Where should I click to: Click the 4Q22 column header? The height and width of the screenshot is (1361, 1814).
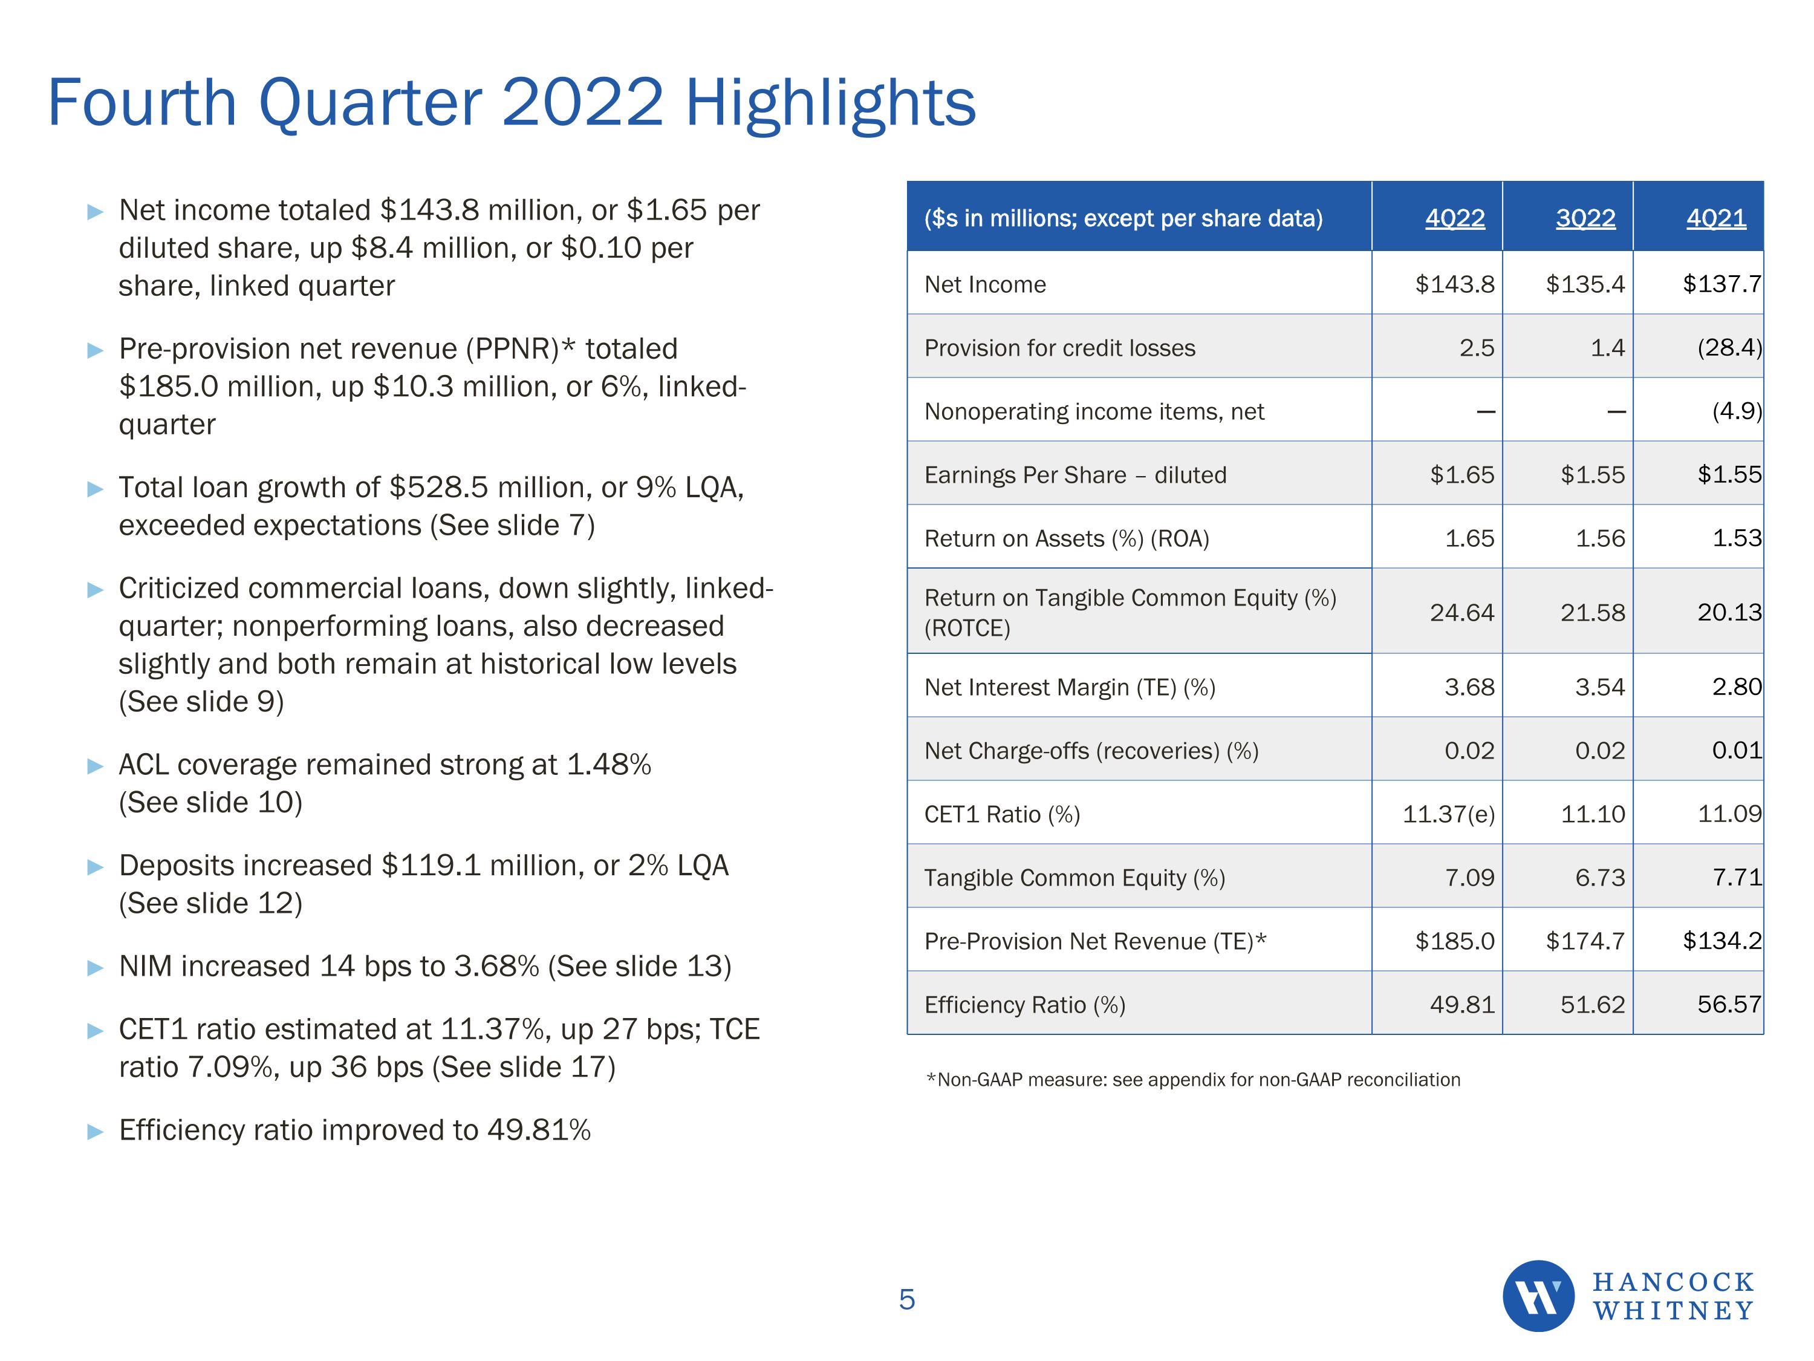click(x=1455, y=218)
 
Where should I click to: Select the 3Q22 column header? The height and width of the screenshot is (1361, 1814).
click(x=1585, y=218)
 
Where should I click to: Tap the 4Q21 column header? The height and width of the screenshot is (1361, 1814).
click(x=1715, y=218)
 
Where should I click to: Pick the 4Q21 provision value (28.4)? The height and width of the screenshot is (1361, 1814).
click(x=1729, y=348)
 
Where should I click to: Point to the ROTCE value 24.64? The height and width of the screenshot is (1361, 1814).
click(x=1461, y=613)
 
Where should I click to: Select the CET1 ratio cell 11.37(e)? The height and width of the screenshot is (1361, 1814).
click(x=1448, y=814)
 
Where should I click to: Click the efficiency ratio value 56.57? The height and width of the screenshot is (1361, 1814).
click(x=1729, y=1004)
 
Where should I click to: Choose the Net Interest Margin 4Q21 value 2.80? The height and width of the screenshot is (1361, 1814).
click(x=1736, y=687)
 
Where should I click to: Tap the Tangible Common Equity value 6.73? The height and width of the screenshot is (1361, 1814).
click(x=1599, y=878)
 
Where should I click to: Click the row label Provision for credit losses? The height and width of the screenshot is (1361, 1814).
click(x=1059, y=348)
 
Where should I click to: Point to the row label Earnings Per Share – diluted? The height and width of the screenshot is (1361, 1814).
click(x=1075, y=475)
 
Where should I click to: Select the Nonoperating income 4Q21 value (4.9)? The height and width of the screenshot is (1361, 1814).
click(x=1736, y=411)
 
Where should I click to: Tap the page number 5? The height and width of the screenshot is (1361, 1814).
click(x=907, y=1299)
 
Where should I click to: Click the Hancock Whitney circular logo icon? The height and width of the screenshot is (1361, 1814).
click(x=1538, y=1296)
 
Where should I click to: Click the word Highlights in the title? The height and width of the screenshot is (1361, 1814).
click(x=830, y=103)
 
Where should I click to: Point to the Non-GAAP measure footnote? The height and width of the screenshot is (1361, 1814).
click(x=1193, y=1080)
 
